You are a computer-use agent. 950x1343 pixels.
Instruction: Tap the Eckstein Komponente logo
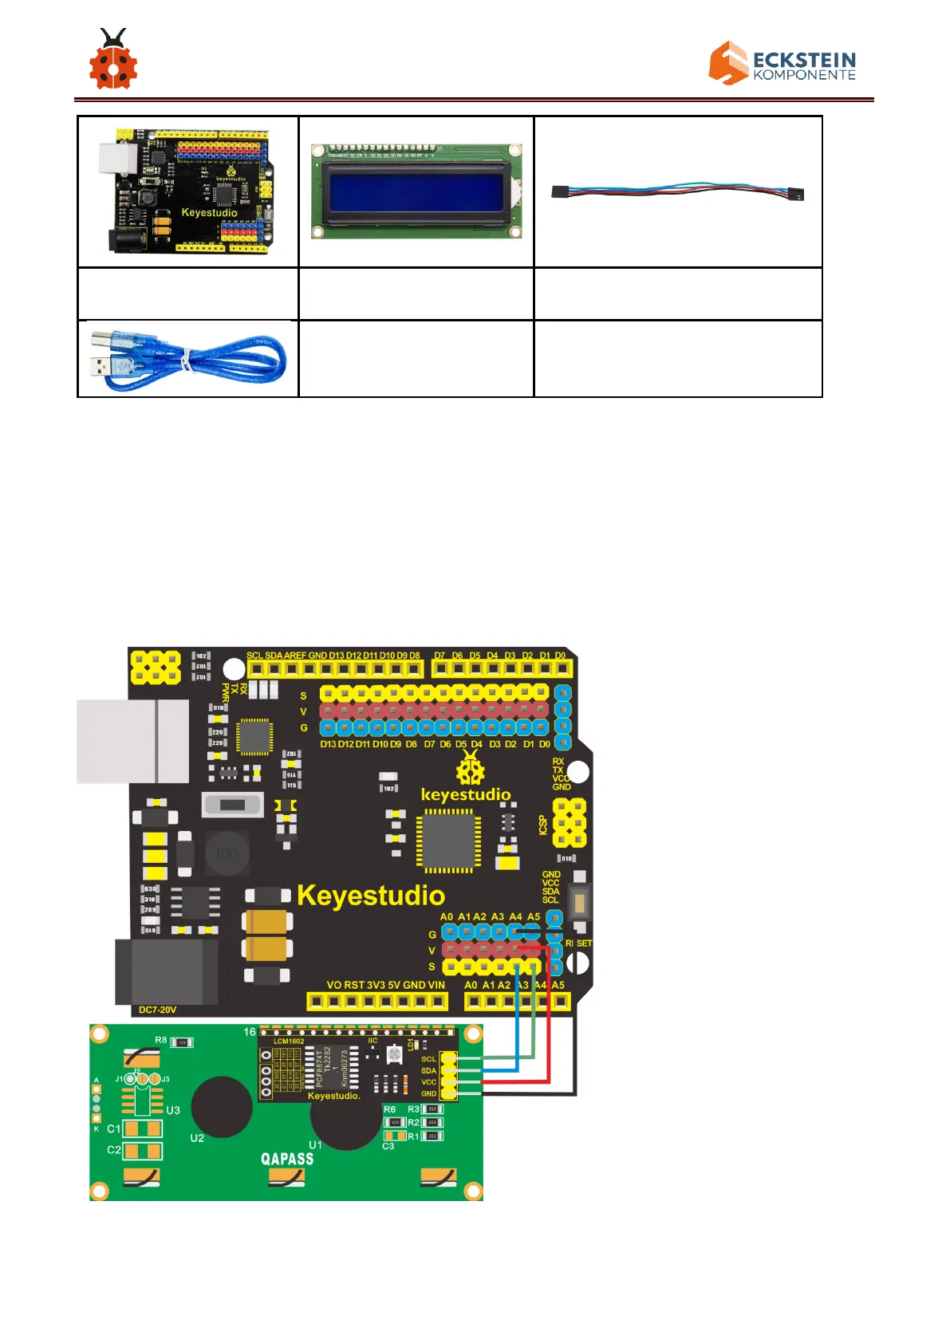pyautogui.click(x=782, y=63)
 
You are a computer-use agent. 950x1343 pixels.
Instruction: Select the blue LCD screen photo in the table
pyautogui.click(x=416, y=191)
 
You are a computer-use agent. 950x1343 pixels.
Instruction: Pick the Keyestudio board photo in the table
pyautogui.click(x=188, y=191)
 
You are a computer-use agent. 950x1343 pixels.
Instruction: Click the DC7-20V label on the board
pyautogui.click(x=157, y=1010)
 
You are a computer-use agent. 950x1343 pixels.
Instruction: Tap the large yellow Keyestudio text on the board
pyautogui.click(x=370, y=896)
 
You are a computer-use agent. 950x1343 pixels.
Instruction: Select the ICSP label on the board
pyautogui.click(x=543, y=825)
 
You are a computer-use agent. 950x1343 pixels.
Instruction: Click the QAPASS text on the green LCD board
pyautogui.click(x=287, y=1159)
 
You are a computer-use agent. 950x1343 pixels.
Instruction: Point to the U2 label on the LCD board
pyautogui.click(x=197, y=1138)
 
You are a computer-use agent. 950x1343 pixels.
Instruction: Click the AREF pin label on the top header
pyautogui.click(x=295, y=656)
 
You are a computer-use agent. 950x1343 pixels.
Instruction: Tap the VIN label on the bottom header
pyautogui.click(x=436, y=985)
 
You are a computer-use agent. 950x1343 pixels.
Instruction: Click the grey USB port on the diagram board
pyautogui.click(x=132, y=741)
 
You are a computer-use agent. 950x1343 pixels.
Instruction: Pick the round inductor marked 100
pyautogui.click(x=227, y=854)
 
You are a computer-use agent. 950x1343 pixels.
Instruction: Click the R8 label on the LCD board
pyautogui.click(x=161, y=1040)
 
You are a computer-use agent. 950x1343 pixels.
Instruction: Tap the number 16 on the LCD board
pyautogui.click(x=250, y=1032)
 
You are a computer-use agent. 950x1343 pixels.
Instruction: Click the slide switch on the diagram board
pyautogui.click(x=232, y=804)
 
